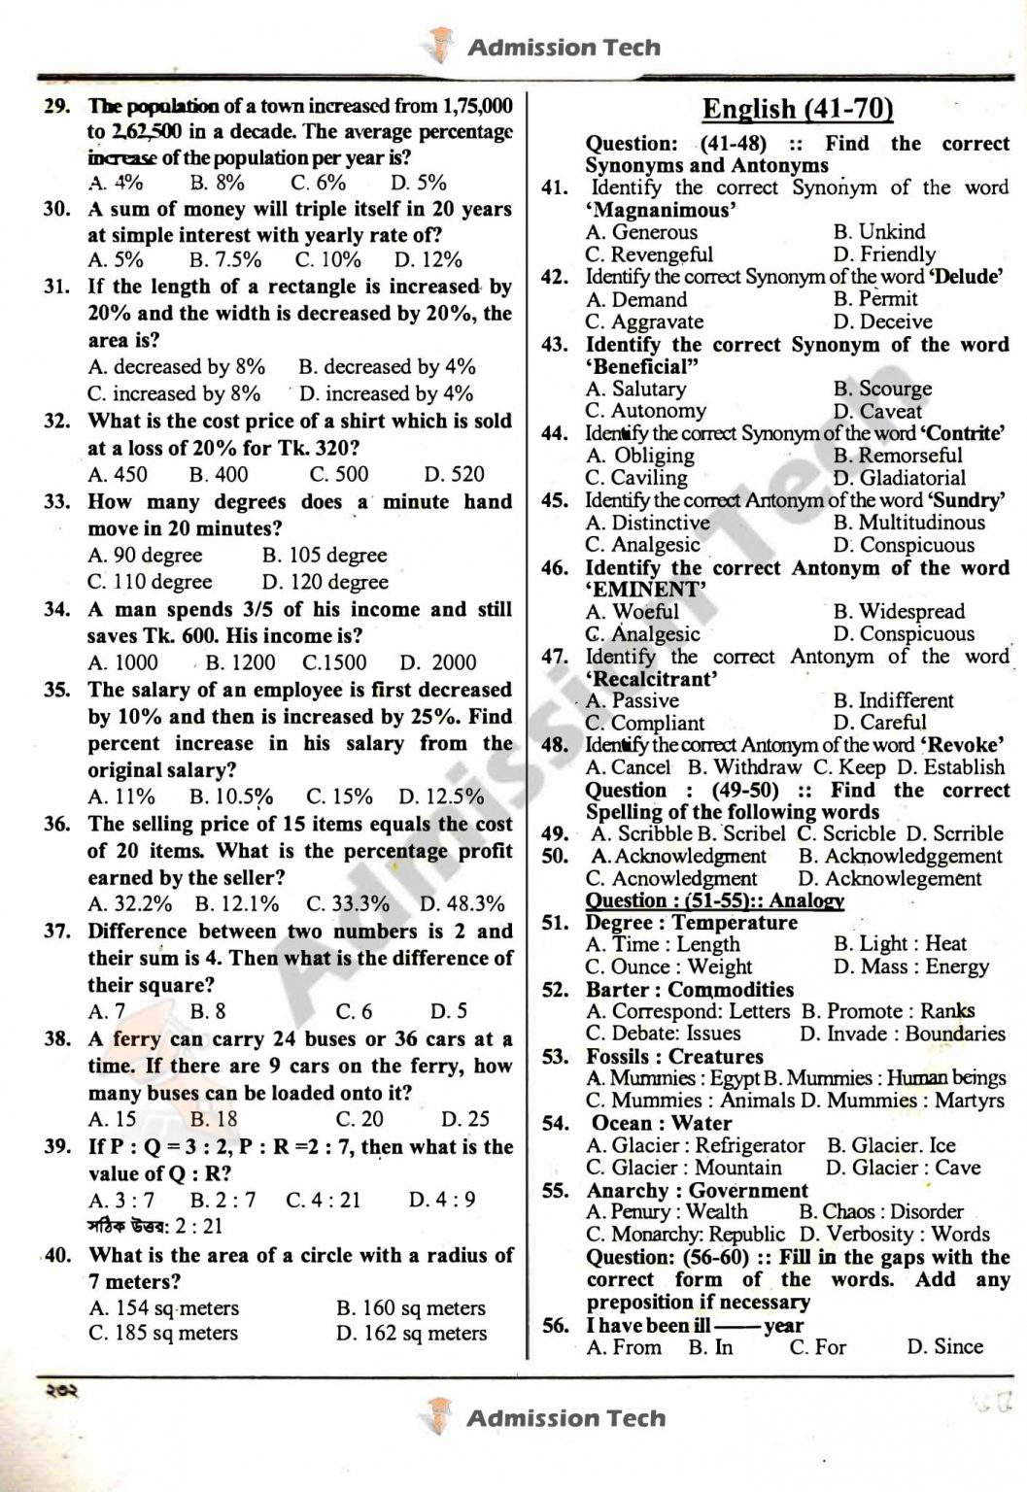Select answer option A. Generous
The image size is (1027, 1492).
tap(641, 232)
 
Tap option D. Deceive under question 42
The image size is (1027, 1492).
tap(882, 322)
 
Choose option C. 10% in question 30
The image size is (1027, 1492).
tap(327, 259)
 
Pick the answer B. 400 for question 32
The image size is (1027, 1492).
tap(219, 475)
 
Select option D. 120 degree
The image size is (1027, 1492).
tap(325, 582)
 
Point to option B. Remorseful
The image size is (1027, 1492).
tap(898, 456)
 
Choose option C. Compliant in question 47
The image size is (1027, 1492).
tap(644, 723)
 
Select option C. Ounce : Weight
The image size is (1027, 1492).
tap(668, 967)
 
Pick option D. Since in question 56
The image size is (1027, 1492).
tap(944, 1347)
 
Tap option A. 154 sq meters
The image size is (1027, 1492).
tap(163, 1308)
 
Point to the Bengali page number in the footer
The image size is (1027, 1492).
tap(60, 1390)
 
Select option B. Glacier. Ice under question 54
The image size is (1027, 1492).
tap(891, 1145)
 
